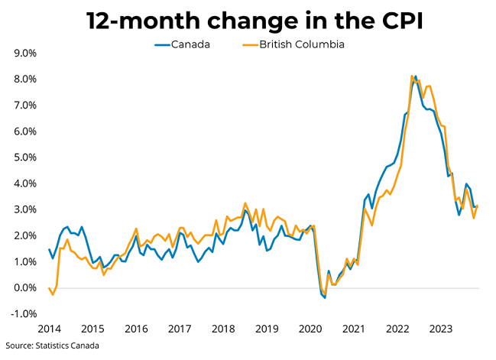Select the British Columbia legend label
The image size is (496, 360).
pyautogui.click(x=302, y=44)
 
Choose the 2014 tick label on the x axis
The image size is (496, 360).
pyautogui.click(x=48, y=329)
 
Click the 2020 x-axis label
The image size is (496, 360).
pyautogui.click(x=310, y=329)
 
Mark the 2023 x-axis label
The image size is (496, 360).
pyautogui.click(x=440, y=329)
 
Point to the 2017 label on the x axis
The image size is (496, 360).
pyautogui.click(x=179, y=329)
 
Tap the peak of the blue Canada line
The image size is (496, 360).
pyautogui.click(x=416, y=76)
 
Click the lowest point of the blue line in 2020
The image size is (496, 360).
pyautogui.click(x=325, y=297)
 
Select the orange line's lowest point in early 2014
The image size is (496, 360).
pyautogui.click(x=53, y=294)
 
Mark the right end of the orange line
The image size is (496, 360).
pyautogui.click(x=478, y=206)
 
